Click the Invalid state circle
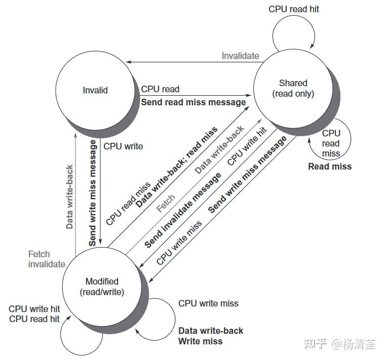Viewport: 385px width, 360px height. [95, 90]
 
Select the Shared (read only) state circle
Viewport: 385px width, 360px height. [293, 89]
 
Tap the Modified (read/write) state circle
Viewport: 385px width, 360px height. [102, 286]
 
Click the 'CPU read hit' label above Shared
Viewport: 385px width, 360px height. [294, 9]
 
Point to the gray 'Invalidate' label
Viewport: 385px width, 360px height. [240, 56]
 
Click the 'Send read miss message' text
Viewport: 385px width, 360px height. [193, 102]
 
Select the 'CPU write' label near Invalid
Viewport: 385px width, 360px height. [123, 146]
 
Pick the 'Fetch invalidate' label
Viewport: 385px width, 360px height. [47, 259]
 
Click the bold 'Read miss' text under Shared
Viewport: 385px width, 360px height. [330, 166]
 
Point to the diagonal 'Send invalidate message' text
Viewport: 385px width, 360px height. [183, 211]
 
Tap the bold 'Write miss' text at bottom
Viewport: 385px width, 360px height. [200, 341]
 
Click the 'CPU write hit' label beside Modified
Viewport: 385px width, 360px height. [34, 309]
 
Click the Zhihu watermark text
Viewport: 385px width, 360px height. [340, 344]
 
